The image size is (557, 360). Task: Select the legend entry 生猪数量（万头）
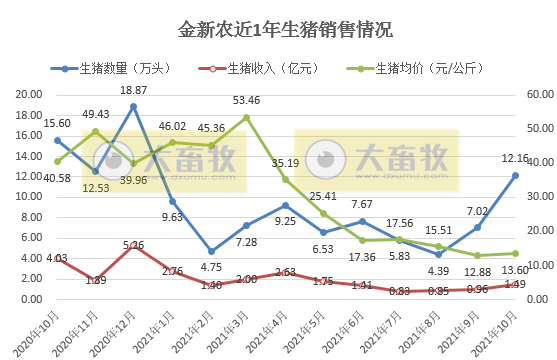[113, 69]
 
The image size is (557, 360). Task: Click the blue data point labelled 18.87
[133, 106]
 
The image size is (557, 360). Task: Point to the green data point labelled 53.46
[247, 117]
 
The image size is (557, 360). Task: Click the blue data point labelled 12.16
[515, 175]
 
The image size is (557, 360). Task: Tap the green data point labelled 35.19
[286, 180]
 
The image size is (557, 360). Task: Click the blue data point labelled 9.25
[286, 205]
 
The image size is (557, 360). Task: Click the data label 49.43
[96, 115]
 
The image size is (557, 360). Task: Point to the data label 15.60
[56, 121]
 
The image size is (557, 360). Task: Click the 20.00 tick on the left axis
[28, 94]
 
